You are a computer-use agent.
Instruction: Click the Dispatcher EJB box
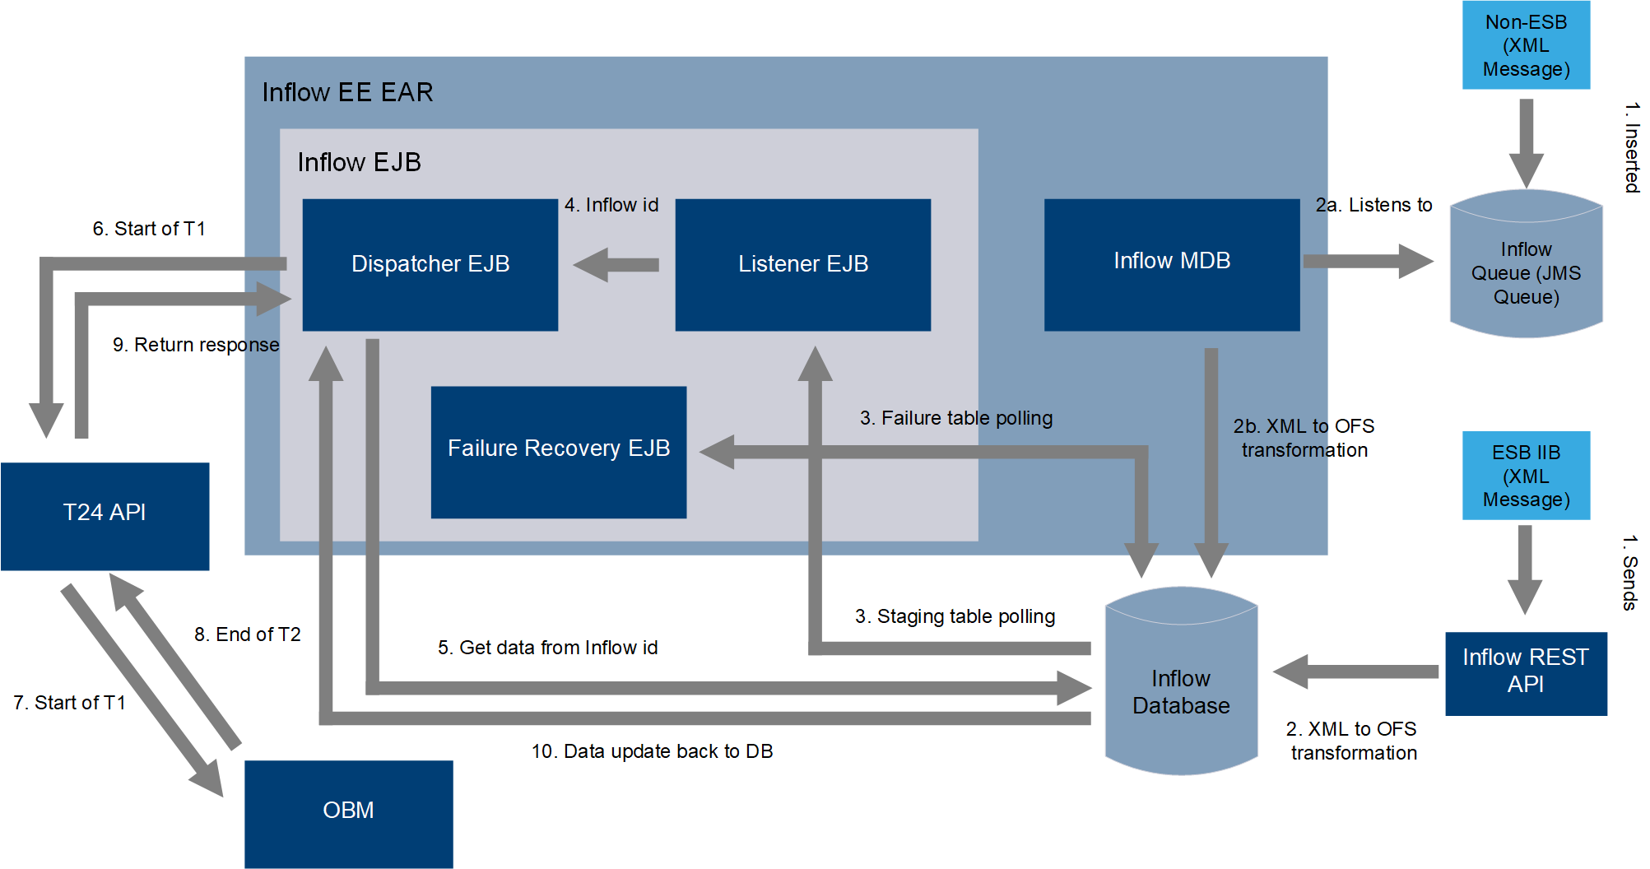tap(430, 264)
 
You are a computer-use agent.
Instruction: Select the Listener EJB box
tap(802, 264)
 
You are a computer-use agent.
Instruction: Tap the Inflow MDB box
tap(1171, 264)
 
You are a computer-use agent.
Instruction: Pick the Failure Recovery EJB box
tap(558, 452)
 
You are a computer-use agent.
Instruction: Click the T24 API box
tap(105, 516)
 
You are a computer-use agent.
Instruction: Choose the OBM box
tap(348, 813)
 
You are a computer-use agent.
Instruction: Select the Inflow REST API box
tap(1526, 673)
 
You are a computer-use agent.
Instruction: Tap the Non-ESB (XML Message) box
tap(1526, 45)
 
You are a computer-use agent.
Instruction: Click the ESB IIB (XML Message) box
tap(1526, 476)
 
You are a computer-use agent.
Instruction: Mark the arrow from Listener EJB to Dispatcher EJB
tap(616, 265)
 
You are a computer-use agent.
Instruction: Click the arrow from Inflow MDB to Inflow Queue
tap(1367, 262)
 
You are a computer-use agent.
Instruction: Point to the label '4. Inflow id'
tap(611, 205)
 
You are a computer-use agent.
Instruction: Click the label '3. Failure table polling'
tap(955, 418)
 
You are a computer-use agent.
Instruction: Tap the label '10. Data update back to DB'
tap(652, 751)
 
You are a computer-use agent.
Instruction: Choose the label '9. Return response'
tap(196, 345)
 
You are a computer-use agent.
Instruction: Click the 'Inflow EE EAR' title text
tap(347, 92)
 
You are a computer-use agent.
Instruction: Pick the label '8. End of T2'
tap(247, 634)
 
